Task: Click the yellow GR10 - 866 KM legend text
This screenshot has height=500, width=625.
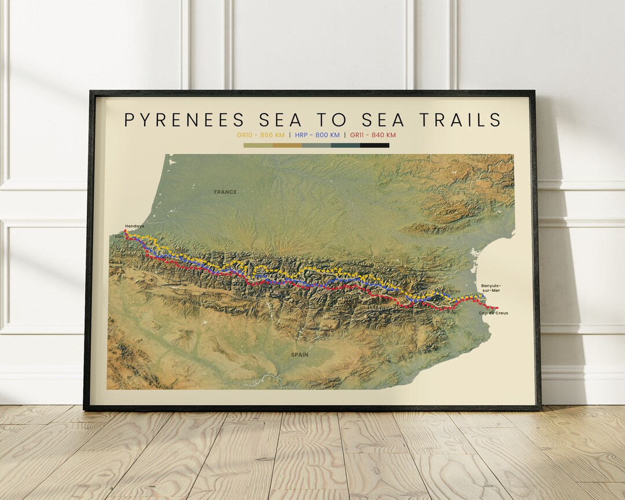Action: click(261, 135)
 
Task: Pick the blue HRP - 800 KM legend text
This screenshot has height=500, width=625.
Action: click(317, 135)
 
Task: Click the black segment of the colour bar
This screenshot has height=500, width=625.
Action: click(374, 145)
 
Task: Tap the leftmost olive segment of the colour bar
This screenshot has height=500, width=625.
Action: click(258, 145)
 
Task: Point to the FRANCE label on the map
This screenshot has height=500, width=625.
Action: click(225, 192)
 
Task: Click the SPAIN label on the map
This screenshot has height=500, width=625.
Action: click(300, 354)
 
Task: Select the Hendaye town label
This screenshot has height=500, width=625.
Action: click(134, 226)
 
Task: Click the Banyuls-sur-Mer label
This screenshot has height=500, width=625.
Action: click(491, 288)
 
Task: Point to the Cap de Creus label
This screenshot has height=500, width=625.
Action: click(494, 313)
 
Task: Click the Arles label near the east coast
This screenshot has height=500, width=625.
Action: click(454, 291)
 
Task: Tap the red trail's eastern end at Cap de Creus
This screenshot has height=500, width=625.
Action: click(497, 308)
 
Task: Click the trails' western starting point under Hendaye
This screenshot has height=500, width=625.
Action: click(126, 231)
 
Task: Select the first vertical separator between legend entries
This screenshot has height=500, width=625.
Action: click(290, 135)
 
